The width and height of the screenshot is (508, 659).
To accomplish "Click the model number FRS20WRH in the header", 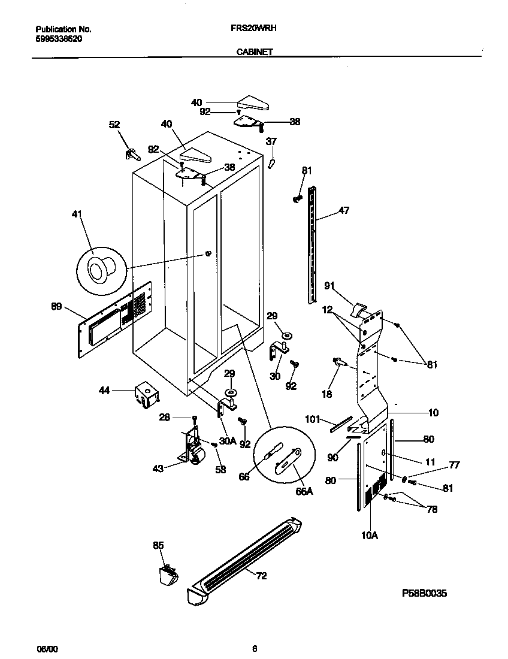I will pyautogui.click(x=253, y=28).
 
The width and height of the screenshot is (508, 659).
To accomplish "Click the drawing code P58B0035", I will pyautogui.click(x=424, y=593).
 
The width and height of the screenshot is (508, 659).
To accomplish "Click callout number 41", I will pyautogui.click(x=77, y=214).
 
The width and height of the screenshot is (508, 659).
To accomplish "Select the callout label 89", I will pyautogui.click(x=56, y=306).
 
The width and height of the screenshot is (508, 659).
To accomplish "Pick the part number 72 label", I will pyautogui.click(x=261, y=576).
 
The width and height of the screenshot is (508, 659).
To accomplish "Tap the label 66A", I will pyautogui.click(x=304, y=491).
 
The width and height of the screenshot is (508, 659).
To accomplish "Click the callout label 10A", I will pyautogui.click(x=370, y=536).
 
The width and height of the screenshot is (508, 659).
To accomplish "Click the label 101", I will pyautogui.click(x=313, y=419).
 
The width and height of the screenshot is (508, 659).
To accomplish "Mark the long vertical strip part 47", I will pyautogui.click(x=312, y=246).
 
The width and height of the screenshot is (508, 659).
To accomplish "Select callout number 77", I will pyautogui.click(x=454, y=464).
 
